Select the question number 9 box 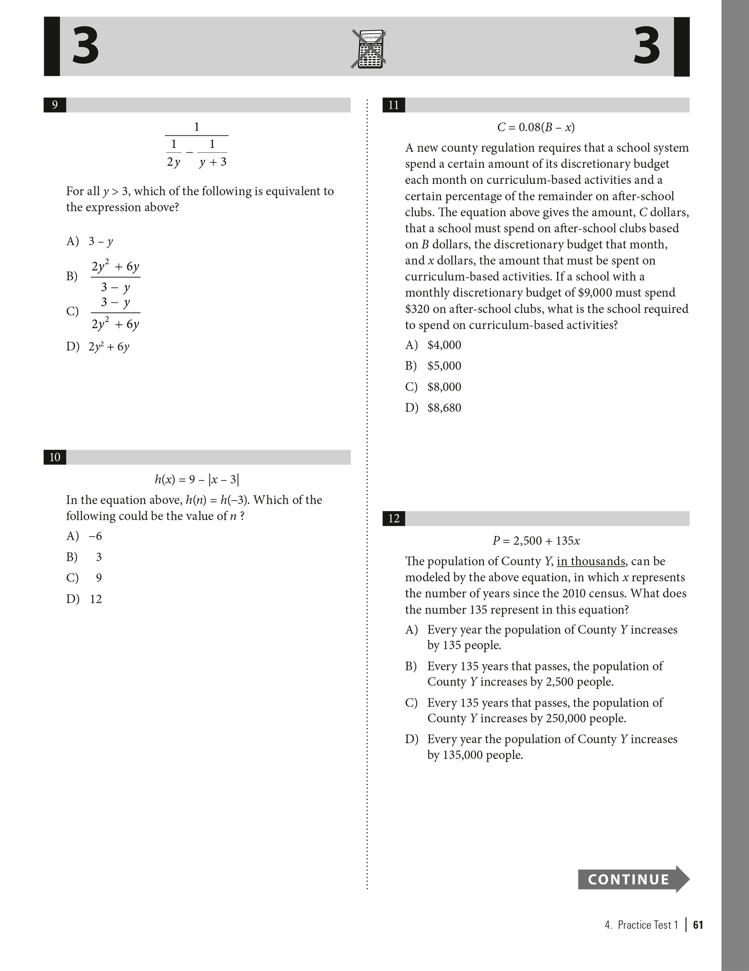click(55, 105)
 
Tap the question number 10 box click(55, 457)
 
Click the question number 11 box click(393, 105)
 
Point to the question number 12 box click(393, 518)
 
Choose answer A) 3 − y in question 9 click(90, 241)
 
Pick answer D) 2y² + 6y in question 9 click(98, 347)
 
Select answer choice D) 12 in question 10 click(84, 599)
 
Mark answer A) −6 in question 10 click(84, 536)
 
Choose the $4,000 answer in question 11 click(433, 345)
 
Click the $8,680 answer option click(433, 408)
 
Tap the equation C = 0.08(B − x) click(536, 127)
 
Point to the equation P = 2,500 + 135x click(536, 541)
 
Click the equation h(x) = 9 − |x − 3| click(197, 480)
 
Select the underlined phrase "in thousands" click(591, 561)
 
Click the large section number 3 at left click(85, 47)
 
